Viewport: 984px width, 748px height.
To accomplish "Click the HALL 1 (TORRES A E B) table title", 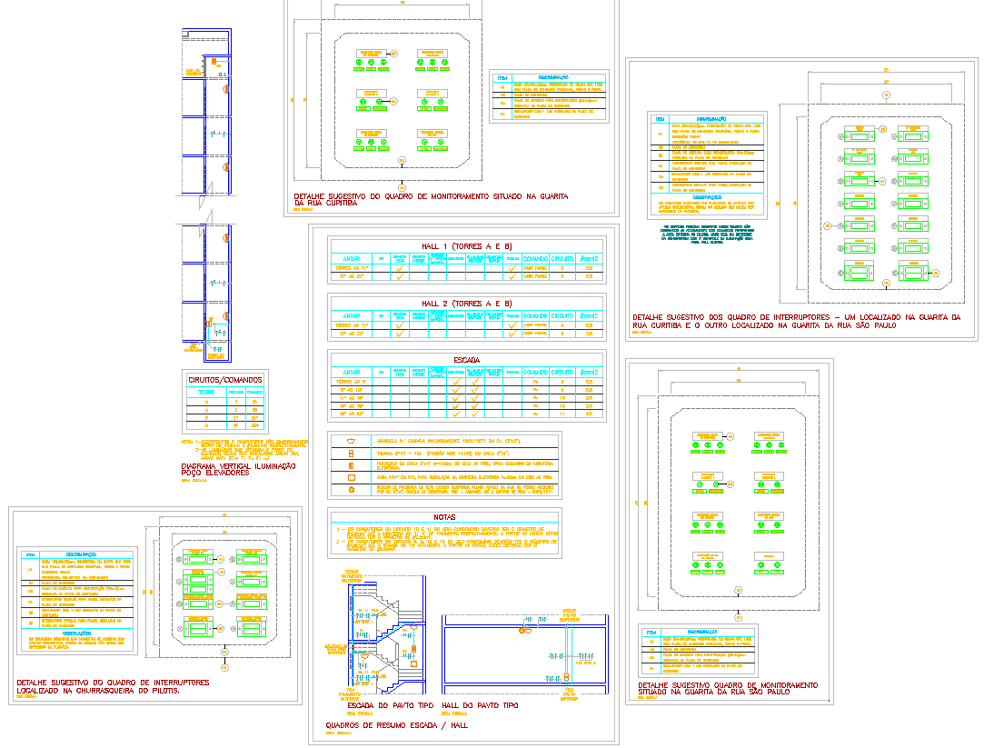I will click(x=467, y=246).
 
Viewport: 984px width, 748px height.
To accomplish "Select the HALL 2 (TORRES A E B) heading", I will click(x=467, y=303).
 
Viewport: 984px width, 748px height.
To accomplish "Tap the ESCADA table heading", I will click(x=467, y=360).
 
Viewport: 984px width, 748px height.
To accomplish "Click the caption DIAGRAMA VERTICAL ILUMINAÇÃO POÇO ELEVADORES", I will click(x=238, y=469).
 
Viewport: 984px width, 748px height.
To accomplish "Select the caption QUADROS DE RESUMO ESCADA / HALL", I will click(x=396, y=724).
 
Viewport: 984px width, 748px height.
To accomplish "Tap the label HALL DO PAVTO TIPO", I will click(x=480, y=705).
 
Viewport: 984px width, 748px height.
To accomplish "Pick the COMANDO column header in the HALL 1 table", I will click(x=535, y=258).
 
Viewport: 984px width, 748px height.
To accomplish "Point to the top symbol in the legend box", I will click(x=350, y=441).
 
